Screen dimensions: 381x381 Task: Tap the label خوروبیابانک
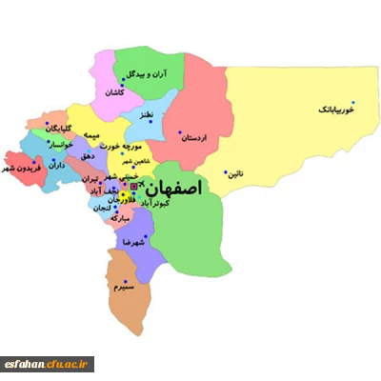click(x=337, y=110)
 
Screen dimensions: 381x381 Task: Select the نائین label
click(x=235, y=174)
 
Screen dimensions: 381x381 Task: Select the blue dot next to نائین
click(x=225, y=171)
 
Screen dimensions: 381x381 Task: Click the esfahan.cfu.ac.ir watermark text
click(x=58, y=364)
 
